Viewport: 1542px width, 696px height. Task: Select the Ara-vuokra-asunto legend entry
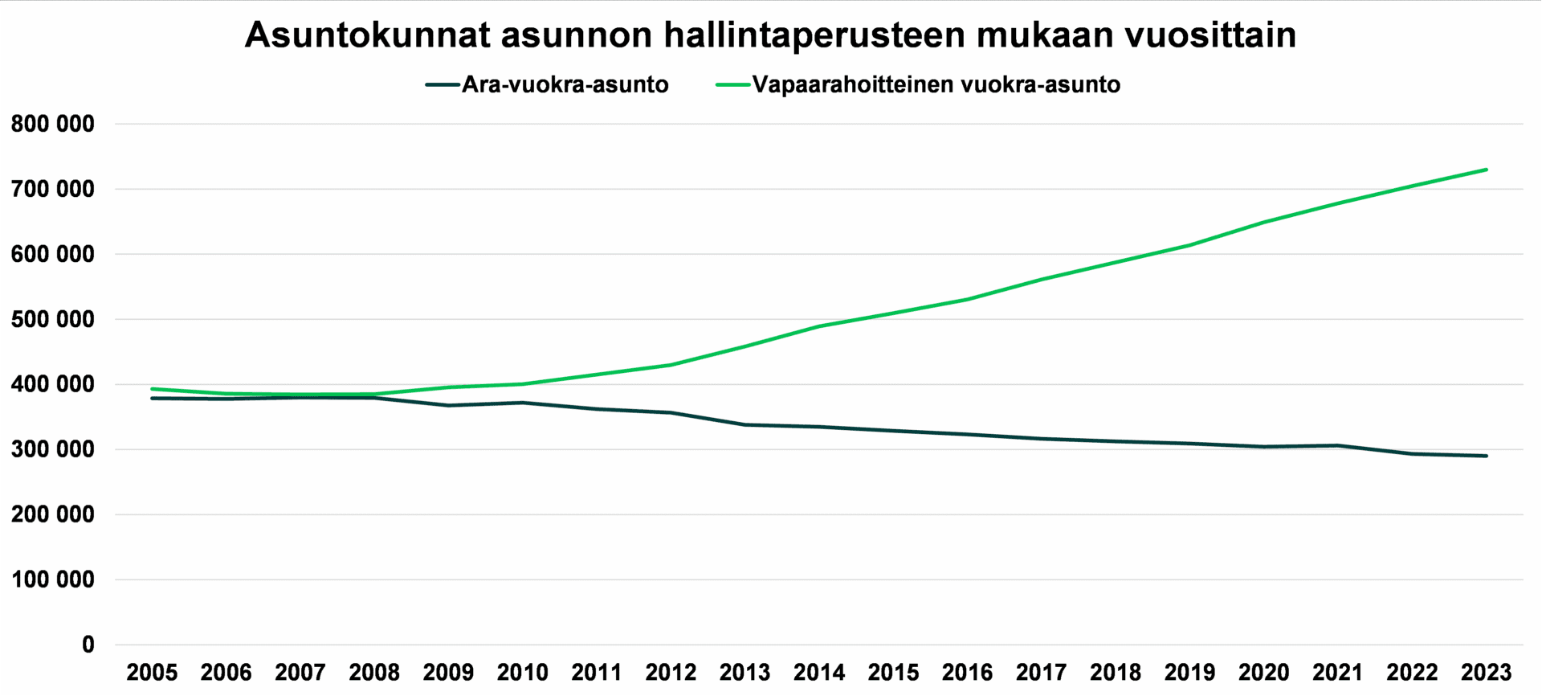pos(565,84)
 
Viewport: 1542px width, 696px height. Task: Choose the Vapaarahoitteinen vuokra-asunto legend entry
pos(936,84)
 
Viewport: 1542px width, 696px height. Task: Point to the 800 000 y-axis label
pos(53,125)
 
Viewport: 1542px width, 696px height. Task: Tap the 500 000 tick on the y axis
pos(53,320)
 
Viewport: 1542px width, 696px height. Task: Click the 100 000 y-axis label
pos(53,580)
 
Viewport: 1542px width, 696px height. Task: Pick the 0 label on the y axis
pos(88,645)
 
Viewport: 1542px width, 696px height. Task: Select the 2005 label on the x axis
pos(152,673)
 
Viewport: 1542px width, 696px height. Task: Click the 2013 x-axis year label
pos(744,673)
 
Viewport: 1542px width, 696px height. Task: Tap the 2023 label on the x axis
pos(1486,673)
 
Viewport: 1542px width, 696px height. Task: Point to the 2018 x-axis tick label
pos(1116,673)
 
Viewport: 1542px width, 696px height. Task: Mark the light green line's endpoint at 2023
pos(1486,170)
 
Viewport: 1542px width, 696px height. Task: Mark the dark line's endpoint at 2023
pos(1486,456)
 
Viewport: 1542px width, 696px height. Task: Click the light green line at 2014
pos(819,326)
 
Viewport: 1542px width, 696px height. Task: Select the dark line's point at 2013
pos(744,424)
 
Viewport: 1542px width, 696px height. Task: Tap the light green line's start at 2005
pos(152,389)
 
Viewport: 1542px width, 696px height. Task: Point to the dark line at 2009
pos(448,405)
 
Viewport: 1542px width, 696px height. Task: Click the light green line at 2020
pos(1264,223)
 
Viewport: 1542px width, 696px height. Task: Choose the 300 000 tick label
pos(53,450)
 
